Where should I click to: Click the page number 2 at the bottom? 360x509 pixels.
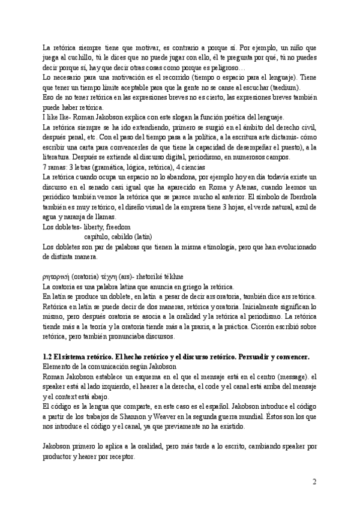(314, 482)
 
